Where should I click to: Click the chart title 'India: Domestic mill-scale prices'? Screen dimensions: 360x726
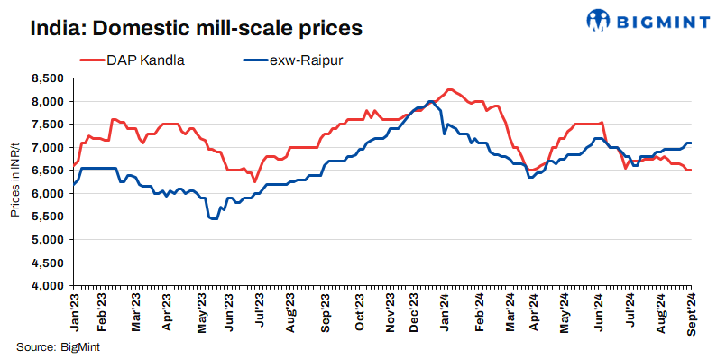(197, 28)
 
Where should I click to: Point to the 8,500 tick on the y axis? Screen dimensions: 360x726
(47, 78)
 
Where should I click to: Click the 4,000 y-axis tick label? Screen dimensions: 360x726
(47, 286)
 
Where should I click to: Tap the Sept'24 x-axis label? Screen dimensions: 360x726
(691, 314)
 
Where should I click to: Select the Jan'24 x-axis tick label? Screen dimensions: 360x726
(446, 312)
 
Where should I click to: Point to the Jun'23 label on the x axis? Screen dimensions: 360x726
(229, 312)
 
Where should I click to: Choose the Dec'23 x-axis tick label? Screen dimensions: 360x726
(414, 312)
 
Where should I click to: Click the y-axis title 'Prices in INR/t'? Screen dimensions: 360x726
(15, 182)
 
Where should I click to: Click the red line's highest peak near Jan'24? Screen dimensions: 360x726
(449, 89)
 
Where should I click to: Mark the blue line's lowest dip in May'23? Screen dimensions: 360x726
(213, 218)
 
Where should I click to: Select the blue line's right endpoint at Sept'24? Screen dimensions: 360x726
(691, 143)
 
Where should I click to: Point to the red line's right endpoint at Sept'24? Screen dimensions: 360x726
(691, 171)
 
